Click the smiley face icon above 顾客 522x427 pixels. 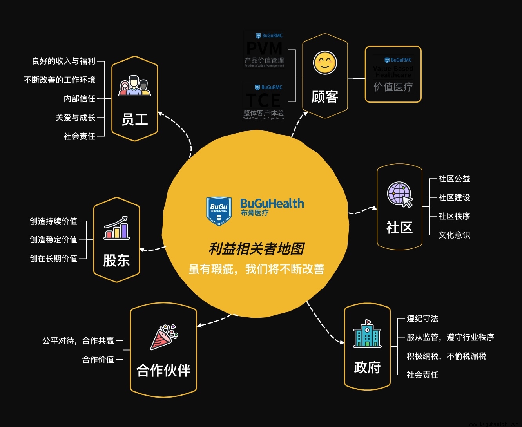coord(325,63)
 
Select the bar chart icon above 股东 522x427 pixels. coord(116,228)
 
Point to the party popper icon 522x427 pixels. coord(164,337)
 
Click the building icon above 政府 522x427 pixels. coord(367,334)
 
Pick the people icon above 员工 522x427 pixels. coord(134,86)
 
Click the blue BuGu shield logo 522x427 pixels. coord(219,211)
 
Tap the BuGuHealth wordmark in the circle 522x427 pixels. coord(272,204)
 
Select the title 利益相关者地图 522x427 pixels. coord(256,249)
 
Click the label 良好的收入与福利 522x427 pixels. coord(63,61)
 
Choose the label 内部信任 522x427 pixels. coord(79,99)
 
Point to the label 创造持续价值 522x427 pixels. coord(53,221)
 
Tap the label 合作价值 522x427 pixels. coord(98,360)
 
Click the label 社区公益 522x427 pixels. coord(454,179)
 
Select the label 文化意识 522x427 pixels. coord(454,235)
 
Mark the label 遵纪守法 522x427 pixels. coord(422,318)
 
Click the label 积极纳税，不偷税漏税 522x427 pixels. coord(446,356)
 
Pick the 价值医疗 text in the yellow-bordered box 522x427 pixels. coord(393,87)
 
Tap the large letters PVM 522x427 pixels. coord(265,49)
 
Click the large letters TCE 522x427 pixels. coord(263,100)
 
